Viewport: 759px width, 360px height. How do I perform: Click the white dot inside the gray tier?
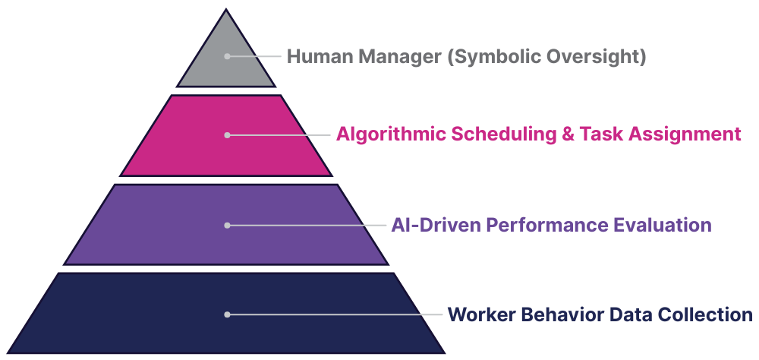(226, 56)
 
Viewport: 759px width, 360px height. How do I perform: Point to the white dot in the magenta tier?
(226, 134)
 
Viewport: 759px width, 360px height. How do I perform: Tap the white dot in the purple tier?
(226, 225)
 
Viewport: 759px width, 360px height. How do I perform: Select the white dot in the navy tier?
(226, 314)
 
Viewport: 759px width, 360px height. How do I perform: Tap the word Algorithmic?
(391, 134)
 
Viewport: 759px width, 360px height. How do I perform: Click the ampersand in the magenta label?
(567, 134)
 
